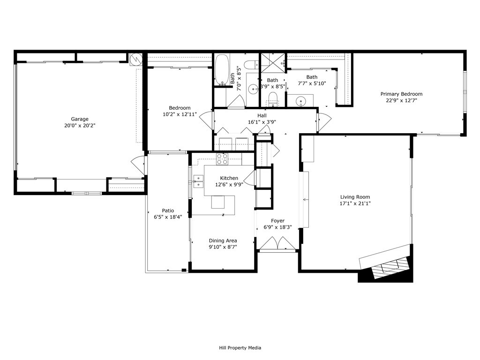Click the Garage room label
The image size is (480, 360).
pos(80,119)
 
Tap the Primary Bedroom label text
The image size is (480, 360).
pos(401,94)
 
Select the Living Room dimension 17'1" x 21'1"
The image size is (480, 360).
pos(355,203)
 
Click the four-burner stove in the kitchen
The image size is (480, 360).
pos(222,159)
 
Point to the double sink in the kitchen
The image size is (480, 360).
pos(198,181)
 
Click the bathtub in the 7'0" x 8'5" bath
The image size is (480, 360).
pos(222,70)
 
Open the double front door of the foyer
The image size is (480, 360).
pos(277,244)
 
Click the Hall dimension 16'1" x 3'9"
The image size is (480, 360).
pos(262,122)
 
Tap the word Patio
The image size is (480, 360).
pos(168,210)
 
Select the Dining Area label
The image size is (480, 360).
pos(223,240)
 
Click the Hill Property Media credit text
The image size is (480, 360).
pos(240,348)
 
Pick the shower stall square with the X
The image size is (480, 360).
pos(272,63)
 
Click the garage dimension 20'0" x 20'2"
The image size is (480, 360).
pos(80,126)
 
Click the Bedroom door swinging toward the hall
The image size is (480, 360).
pos(206,120)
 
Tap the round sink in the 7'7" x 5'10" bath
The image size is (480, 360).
pos(301,100)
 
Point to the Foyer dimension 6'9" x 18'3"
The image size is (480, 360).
pos(277,227)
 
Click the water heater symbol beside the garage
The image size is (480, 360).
pos(135,60)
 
